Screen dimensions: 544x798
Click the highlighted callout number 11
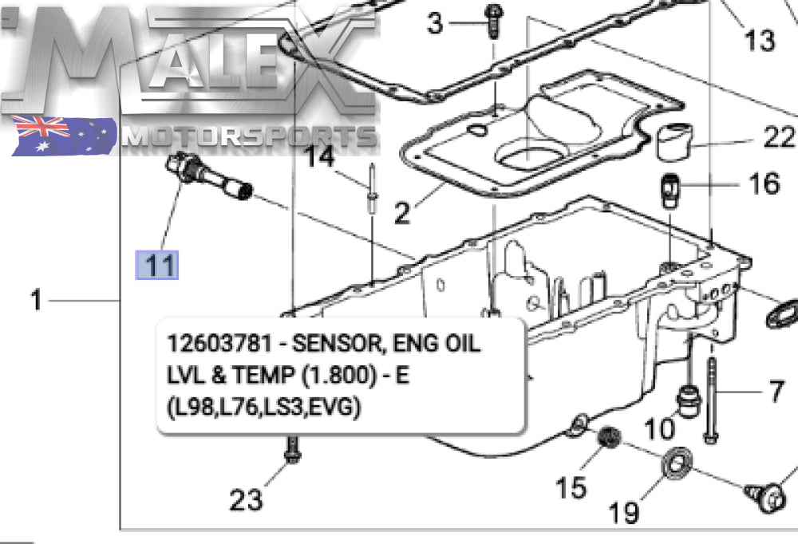click(x=158, y=264)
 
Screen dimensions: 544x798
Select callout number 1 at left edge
click(x=36, y=301)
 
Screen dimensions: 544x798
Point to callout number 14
click(x=321, y=156)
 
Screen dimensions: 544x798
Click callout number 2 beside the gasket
click(x=402, y=212)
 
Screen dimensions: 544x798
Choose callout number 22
click(x=779, y=137)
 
